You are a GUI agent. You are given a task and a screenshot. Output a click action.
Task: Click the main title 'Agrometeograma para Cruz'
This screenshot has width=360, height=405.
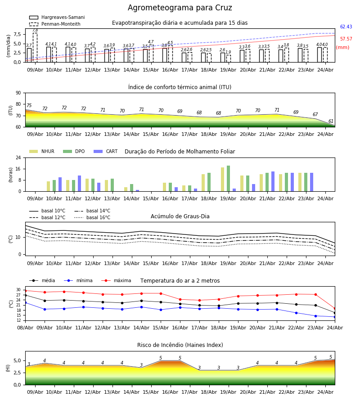coord(180,8)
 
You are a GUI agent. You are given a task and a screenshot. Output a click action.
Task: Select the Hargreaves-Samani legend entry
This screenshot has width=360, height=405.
coord(57,17)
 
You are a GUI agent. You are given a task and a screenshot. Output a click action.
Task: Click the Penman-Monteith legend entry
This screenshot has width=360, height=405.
coord(55,24)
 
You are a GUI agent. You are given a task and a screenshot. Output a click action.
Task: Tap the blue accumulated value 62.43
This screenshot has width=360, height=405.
coord(346,27)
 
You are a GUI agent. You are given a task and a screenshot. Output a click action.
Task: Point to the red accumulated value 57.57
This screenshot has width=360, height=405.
coord(346,39)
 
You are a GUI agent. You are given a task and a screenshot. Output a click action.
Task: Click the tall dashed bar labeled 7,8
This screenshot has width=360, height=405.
coord(35,48)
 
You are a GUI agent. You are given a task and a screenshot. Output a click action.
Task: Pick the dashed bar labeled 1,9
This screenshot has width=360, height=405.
coord(229,58)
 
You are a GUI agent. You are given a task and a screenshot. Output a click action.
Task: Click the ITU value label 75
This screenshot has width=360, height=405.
coord(29,105)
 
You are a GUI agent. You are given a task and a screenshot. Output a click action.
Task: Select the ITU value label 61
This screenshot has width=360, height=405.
coord(331,121)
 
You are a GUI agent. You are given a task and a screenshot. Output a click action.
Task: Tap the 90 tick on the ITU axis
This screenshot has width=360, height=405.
coord(18,93)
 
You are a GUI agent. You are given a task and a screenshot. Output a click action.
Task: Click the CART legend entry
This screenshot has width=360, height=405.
coord(106,151)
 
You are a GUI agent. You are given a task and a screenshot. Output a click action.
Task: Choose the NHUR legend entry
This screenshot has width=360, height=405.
coord(42,151)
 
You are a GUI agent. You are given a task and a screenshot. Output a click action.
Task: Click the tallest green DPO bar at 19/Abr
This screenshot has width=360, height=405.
coord(228,179)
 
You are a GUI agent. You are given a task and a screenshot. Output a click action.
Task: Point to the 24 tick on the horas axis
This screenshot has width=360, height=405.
coord(18,157)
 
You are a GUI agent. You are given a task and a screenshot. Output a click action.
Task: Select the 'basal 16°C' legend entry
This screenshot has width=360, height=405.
coord(92,217)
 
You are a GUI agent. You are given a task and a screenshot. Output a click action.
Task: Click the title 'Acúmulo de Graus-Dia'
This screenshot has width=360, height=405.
coord(180,216)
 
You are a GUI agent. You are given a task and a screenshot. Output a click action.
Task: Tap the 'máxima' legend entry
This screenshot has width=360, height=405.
coord(116,280)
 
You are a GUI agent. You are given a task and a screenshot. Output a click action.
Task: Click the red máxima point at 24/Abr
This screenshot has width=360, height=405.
coord(335,308)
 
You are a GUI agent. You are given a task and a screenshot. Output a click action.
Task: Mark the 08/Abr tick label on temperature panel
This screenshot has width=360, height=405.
coord(25,328)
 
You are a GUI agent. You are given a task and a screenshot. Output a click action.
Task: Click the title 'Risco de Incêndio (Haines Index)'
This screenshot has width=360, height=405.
coord(180,345)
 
